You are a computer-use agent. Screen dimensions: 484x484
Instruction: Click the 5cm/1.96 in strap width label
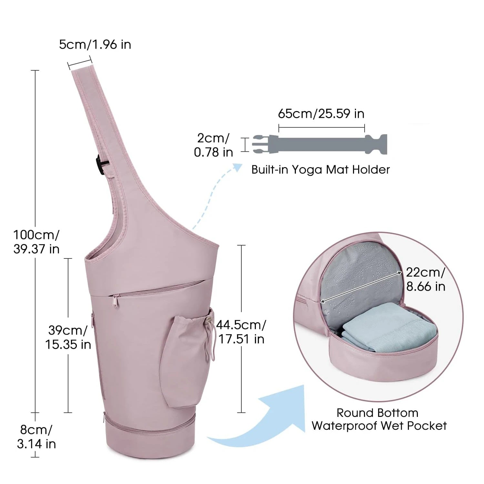(x=95, y=45)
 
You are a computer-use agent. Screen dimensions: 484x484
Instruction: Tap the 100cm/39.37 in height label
(x=36, y=242)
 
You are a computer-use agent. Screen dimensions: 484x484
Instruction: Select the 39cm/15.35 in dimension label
(x=68, y=338)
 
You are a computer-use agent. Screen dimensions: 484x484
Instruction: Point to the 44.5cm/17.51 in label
(x=241, y=332)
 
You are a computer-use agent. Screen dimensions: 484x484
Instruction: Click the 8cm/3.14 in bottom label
(x=36, y=437)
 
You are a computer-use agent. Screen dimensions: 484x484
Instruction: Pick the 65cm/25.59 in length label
(x=321, y=114)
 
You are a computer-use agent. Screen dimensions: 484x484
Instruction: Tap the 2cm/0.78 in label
(x=213, y=145)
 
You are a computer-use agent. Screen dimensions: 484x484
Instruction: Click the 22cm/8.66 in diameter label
(x=425, y=279)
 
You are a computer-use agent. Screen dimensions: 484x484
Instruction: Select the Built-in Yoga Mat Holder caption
(x=320, y=169)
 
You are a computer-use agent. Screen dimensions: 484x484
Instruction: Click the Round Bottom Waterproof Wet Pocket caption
(x=379, y=419)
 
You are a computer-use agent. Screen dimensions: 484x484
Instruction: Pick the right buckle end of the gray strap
(x=377, y=144)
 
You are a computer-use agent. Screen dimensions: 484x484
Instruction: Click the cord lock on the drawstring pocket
(x=208, y=320)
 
